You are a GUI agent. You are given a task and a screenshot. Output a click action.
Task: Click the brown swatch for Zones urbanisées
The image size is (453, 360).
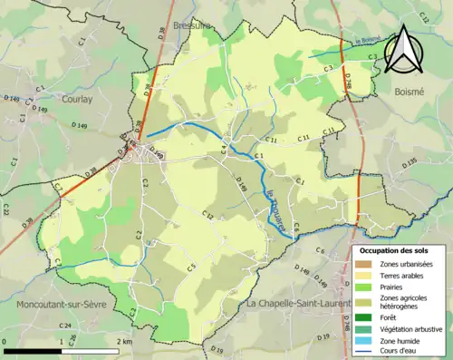point(366,263)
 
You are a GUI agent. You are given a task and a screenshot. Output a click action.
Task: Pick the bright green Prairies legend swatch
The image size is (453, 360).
point(366,288)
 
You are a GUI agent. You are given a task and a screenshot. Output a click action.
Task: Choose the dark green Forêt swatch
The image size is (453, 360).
point(366,316)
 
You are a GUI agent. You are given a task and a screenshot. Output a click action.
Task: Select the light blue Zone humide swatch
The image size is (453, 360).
point(366,341)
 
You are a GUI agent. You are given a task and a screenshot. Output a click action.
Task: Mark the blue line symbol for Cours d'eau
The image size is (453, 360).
point(366,353)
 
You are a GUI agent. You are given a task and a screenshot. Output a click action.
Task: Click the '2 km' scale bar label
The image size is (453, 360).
point(125,342)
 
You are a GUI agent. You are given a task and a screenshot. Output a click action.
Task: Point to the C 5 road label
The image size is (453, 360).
point(192,267)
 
